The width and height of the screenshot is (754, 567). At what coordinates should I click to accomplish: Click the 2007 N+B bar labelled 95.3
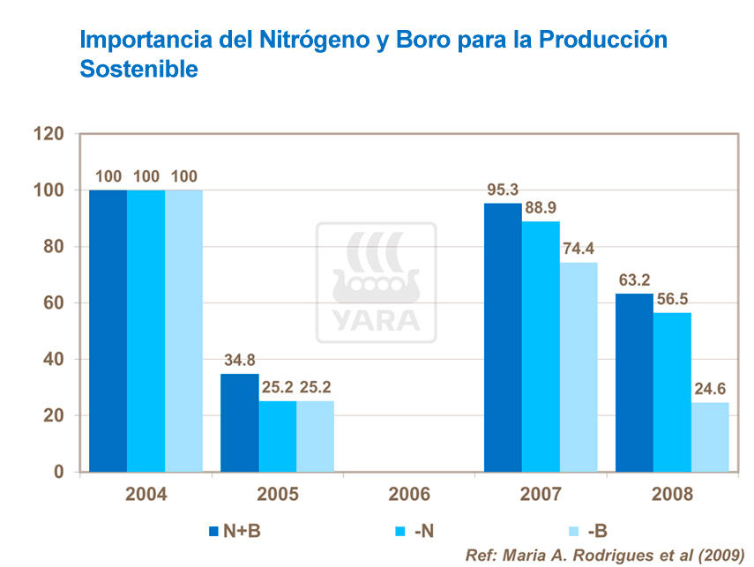503,338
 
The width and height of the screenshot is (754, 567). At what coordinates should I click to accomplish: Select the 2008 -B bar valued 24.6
710,436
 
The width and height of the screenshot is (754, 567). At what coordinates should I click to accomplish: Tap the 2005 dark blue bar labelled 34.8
240,422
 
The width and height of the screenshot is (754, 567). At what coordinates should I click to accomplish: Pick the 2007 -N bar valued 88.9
541,347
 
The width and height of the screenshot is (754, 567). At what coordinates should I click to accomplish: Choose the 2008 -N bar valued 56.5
672,392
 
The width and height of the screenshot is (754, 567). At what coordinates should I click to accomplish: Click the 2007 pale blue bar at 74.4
579,367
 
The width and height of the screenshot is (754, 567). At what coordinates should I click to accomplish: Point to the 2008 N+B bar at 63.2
634,383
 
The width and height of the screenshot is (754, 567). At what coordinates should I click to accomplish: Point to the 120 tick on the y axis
49,134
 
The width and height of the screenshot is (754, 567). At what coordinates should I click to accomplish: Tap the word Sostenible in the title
138,69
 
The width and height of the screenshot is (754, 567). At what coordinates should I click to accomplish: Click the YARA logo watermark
377,282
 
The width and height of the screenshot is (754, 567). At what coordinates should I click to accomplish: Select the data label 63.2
634,281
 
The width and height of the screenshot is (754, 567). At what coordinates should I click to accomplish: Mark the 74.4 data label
579,250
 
